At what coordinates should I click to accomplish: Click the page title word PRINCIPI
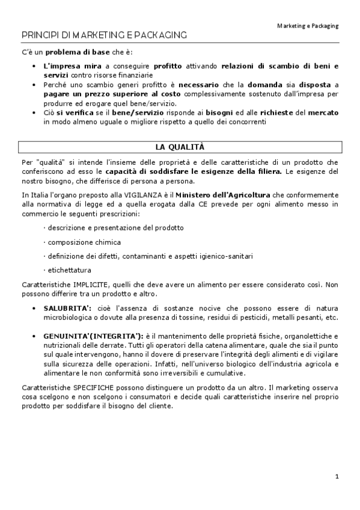click(38, 36)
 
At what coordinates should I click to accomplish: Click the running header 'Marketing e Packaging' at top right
click(308, 26)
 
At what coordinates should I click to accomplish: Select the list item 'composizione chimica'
click(82, 242)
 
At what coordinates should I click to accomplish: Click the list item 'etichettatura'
click(68, 270)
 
